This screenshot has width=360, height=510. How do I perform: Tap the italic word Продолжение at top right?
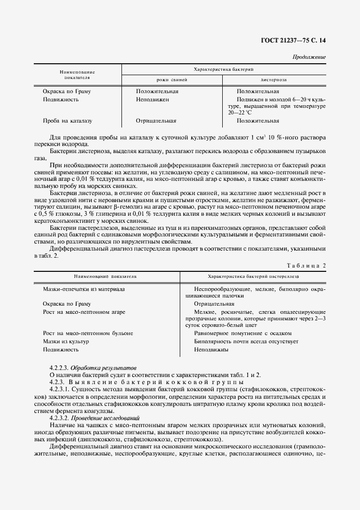pos(309,57)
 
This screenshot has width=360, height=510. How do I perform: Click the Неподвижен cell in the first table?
pos(152,100)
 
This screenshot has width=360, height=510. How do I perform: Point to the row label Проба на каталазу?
pos(68,121)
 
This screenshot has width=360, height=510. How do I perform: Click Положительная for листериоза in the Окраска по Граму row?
pos(258,92)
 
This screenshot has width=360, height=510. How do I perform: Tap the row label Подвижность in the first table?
pos(61,100)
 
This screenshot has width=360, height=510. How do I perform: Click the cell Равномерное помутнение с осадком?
pos(242,333)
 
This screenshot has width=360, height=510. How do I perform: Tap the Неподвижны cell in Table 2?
pos(211,350)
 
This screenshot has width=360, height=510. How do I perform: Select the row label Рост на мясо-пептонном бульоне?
pos(88,333)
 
